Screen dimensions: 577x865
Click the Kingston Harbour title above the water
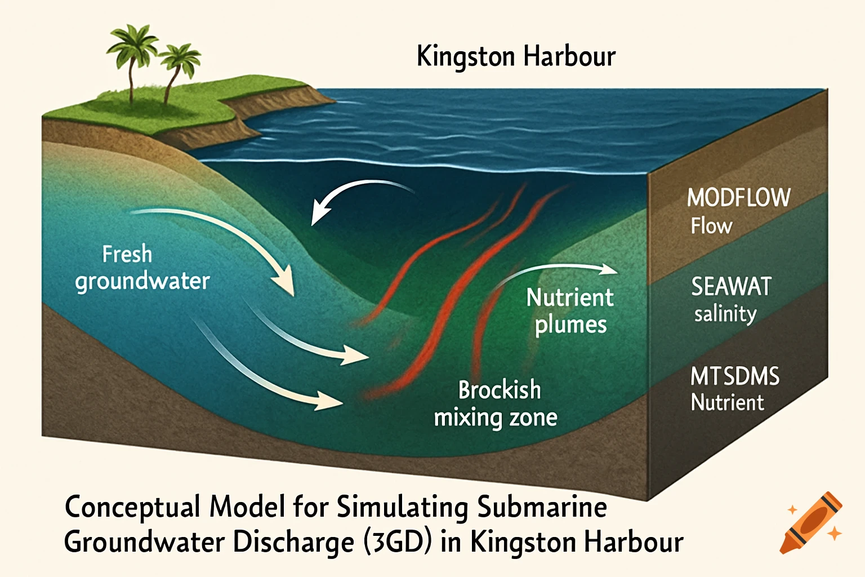pos(516,56)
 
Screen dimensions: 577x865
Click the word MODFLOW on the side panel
pos(739,198)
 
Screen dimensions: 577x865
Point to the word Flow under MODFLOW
pos(711,226)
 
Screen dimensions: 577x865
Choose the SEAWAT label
pos(731,287)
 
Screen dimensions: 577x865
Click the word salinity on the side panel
pos(725,314)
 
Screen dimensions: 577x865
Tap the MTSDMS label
pos(735,376)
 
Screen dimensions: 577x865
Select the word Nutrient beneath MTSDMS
pos(727,402)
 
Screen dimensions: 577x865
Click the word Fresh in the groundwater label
pos(127,254)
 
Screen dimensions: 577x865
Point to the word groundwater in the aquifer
pos(142,281)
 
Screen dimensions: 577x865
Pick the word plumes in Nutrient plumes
pos(570,325)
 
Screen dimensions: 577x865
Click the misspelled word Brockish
pos(500,390)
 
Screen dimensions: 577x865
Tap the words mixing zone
pos(496,418)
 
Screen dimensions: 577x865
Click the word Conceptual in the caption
pos(133,507)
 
